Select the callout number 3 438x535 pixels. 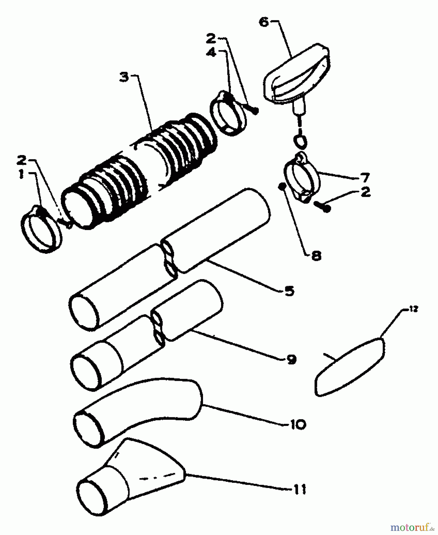pyautogui.click(x=125, y=77)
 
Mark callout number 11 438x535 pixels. pyautogui.click(x=298, y=489)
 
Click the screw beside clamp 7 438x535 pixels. pyautogui.click(x=322, y=206)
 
